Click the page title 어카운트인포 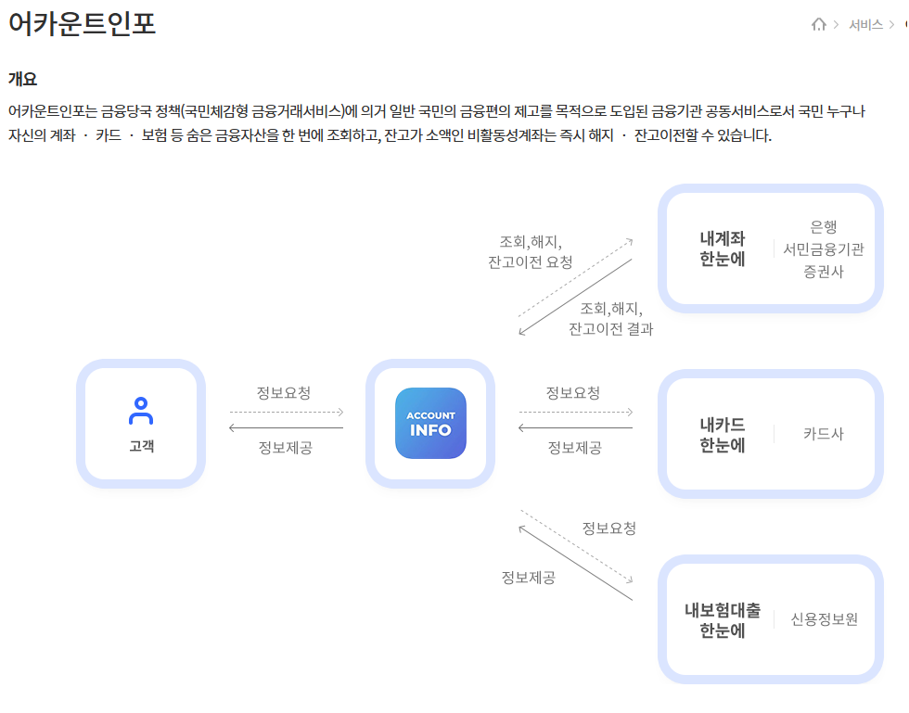coord(83,24)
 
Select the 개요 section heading coord(22,79)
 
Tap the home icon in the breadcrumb coord(818,24)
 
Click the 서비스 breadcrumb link coord(865,25)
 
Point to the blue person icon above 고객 coord(141,410)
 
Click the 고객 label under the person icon coord(141,446)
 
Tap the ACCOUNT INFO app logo coord(430,423)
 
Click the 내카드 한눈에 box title coord(723,435)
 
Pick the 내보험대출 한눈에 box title coord(723,620)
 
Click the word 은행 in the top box coord(824,226)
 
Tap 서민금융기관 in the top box coord(824,248)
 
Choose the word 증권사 coord(824,272)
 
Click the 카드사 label coord(824,434)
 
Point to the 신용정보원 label coord(824,619)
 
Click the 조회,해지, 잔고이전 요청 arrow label coord(531,250)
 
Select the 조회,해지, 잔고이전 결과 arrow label coord(610,318)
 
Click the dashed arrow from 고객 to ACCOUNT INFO coord(287,412)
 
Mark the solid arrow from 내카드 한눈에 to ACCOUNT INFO coord(575,427)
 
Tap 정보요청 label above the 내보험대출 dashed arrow coord(608,528)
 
